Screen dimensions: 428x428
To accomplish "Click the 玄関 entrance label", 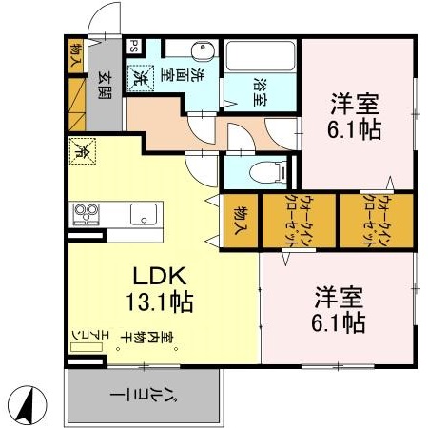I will (106, 85).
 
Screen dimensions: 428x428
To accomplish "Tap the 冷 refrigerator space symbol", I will (82, 149).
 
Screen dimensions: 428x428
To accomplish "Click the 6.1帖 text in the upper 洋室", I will (357, 129).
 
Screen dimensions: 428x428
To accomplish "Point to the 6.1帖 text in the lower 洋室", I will (337, 323).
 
